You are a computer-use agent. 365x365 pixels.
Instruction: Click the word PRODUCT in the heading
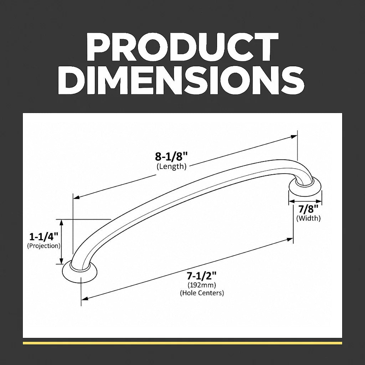(x=182, y=47)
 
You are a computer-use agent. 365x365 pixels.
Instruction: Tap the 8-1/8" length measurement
(x=171, y=157)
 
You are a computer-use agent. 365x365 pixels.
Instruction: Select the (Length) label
(x=171, y=167)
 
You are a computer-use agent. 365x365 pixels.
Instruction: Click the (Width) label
(x=308, y=219)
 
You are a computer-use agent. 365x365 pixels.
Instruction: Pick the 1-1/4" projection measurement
(x=43, y=237)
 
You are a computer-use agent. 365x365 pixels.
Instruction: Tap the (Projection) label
(x=43, y=246)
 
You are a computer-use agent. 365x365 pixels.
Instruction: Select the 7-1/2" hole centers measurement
(x=202, y=276)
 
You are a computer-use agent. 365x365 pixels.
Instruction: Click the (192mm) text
(x=202, y=285)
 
